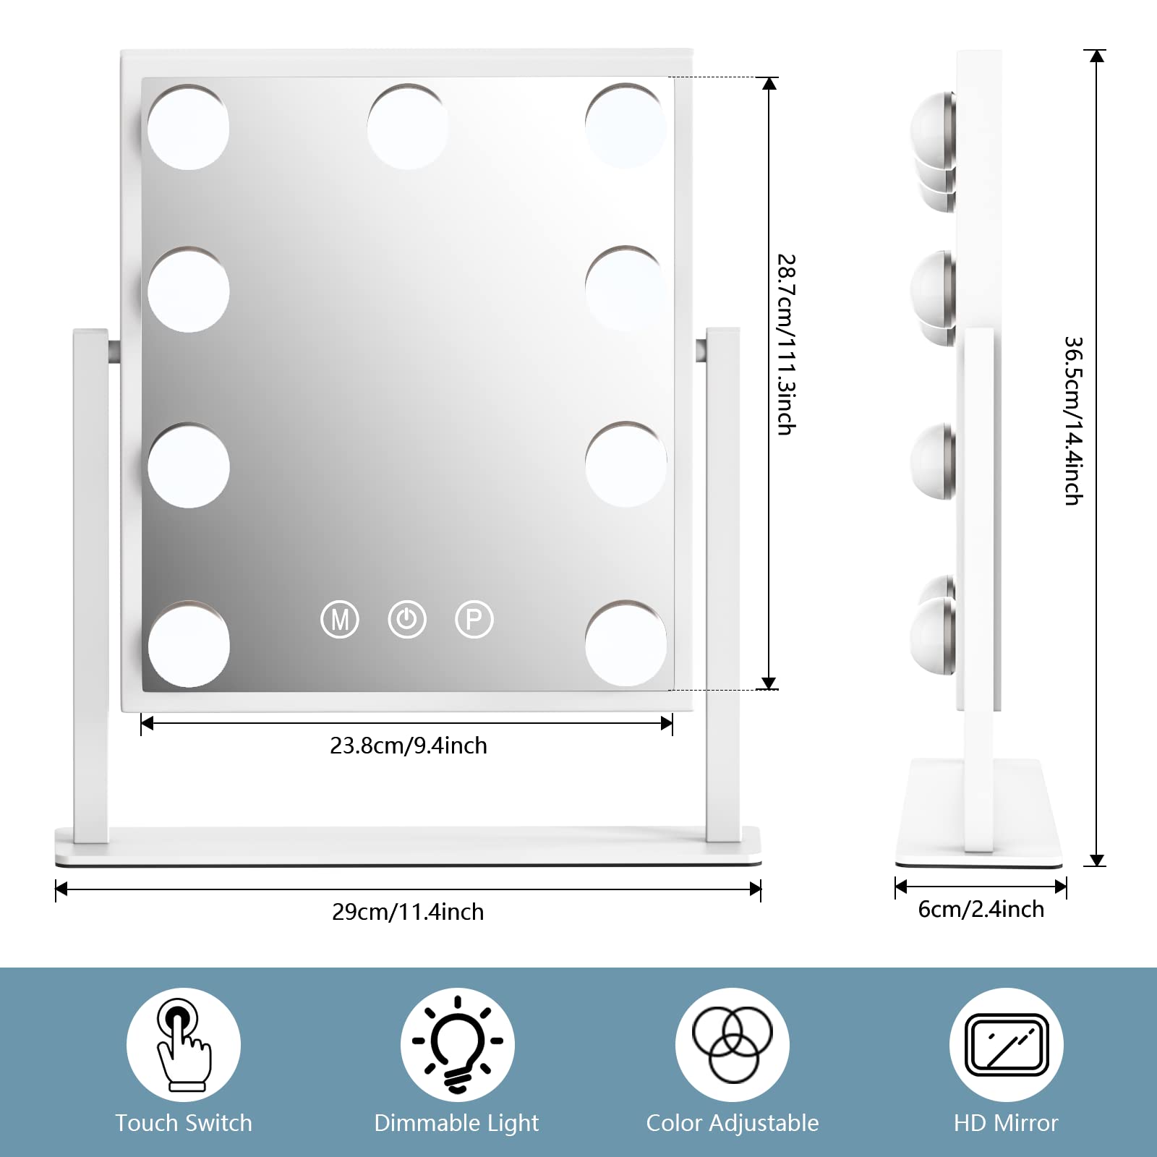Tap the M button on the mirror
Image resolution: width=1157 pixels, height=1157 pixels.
click(x=339, y=620)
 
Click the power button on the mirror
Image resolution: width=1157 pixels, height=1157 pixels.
click(x=407, y=620)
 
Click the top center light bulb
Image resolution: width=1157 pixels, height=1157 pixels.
click(x=408, y=127)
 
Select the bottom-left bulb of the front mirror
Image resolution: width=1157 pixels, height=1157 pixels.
click(x=189, y=644)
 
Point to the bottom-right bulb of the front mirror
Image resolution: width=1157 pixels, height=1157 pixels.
click(x=626, y=643)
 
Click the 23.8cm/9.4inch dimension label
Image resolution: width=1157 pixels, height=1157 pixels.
click(x=409, y=746)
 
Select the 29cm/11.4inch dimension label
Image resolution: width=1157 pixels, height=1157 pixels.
click(x=408, y=912)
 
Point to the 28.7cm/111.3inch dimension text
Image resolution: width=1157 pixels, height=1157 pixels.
click(x=786, y=344)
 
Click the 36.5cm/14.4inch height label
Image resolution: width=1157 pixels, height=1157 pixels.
click(x=1073, y=420)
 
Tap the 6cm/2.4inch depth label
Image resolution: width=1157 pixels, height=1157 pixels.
click(x=981, y=909)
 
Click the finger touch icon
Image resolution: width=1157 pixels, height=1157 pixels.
click(x=184, y=1044)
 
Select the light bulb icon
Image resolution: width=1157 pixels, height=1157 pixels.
click(x=458, y=1044)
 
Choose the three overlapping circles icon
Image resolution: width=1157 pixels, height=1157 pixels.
click(x=733, y=1044)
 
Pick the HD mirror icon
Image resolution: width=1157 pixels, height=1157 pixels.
click(x=1007, y=1044)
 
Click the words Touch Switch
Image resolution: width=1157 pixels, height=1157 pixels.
click(x=184, y=1123)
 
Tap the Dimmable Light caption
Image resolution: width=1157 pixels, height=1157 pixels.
click(x=456, y=1123)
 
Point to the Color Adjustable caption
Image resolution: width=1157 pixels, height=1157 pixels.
click(x=733, y=1123)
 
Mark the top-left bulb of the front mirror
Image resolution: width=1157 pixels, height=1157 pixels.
click(x=188, y=128)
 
